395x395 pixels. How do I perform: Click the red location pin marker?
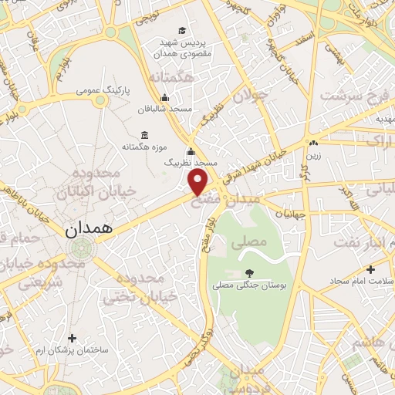coord(199,181)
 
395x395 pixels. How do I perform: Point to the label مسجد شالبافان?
coord(164,109)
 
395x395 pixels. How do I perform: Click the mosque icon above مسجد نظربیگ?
coord(191,151)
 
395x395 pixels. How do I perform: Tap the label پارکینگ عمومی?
coord(103,90)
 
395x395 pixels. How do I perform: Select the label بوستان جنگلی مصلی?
coord(249,285)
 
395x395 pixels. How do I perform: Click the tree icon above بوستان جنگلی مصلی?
coord(249,273)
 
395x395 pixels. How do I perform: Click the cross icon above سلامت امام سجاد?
coord(371,269)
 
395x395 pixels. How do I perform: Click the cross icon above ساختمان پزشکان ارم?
coord(73,338)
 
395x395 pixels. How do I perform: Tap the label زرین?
coord(314,154)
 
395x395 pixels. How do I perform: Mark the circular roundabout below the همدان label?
coord(80,248)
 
